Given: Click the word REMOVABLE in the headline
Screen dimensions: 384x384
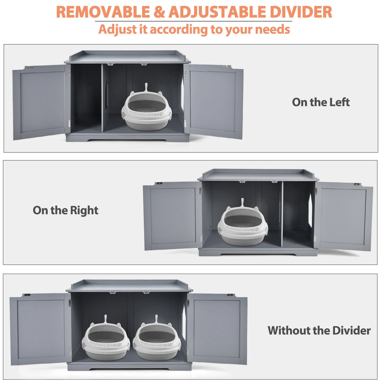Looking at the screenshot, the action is point(103,12).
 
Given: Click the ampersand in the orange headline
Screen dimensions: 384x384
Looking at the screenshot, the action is point(159,12).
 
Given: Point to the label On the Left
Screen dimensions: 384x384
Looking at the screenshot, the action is point(321,102).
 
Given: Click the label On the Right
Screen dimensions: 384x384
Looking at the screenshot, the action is point(65,210).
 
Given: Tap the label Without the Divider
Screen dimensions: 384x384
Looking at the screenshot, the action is point(319,331).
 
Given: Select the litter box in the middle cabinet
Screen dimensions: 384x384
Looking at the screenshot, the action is point(243,224).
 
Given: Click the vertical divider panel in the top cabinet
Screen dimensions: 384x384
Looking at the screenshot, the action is point(102,98).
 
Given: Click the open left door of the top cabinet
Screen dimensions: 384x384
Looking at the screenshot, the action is point(41,102).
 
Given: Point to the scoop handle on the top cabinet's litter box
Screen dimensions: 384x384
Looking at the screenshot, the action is point(146,87).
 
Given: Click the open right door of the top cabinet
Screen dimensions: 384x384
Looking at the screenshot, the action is point(213,102).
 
